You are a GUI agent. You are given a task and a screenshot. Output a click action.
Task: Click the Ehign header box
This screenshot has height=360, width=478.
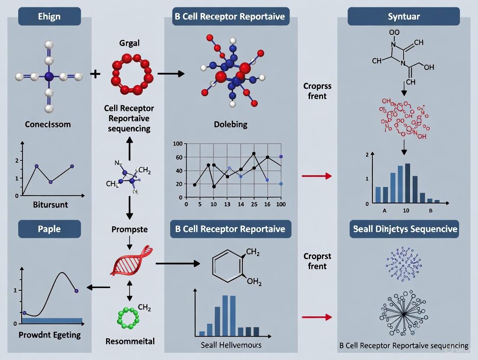point(49,16)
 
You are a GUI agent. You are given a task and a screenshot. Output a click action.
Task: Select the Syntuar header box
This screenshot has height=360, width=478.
point(404,16)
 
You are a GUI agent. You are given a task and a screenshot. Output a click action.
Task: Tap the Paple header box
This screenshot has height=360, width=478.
point(49,229)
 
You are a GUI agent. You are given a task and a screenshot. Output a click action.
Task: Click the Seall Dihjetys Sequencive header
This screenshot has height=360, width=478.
point(404,229)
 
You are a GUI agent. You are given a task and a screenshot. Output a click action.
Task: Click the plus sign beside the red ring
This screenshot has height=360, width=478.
point(95,74)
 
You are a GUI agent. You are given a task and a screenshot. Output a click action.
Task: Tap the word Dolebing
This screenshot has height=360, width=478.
point(231,124)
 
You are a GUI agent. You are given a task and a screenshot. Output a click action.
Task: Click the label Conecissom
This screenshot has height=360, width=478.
point(48,124)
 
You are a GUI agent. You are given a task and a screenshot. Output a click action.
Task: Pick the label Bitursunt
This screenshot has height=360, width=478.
point(50,205)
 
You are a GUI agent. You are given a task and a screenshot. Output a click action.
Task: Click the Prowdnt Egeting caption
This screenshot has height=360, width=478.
point(49,334)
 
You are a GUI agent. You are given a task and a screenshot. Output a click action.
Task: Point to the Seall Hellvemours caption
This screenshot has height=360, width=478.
point(231,345)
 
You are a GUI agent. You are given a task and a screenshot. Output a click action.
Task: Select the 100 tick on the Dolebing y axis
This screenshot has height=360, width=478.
point(178,144)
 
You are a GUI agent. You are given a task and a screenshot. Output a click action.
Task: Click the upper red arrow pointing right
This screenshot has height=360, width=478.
point(317,176)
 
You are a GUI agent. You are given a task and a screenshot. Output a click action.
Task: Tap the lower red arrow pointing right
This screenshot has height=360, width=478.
point(317,317)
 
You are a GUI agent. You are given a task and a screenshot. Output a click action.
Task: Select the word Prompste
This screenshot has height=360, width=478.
point(129,229)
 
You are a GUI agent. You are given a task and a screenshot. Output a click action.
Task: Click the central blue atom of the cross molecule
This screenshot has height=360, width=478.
point(48,77)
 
